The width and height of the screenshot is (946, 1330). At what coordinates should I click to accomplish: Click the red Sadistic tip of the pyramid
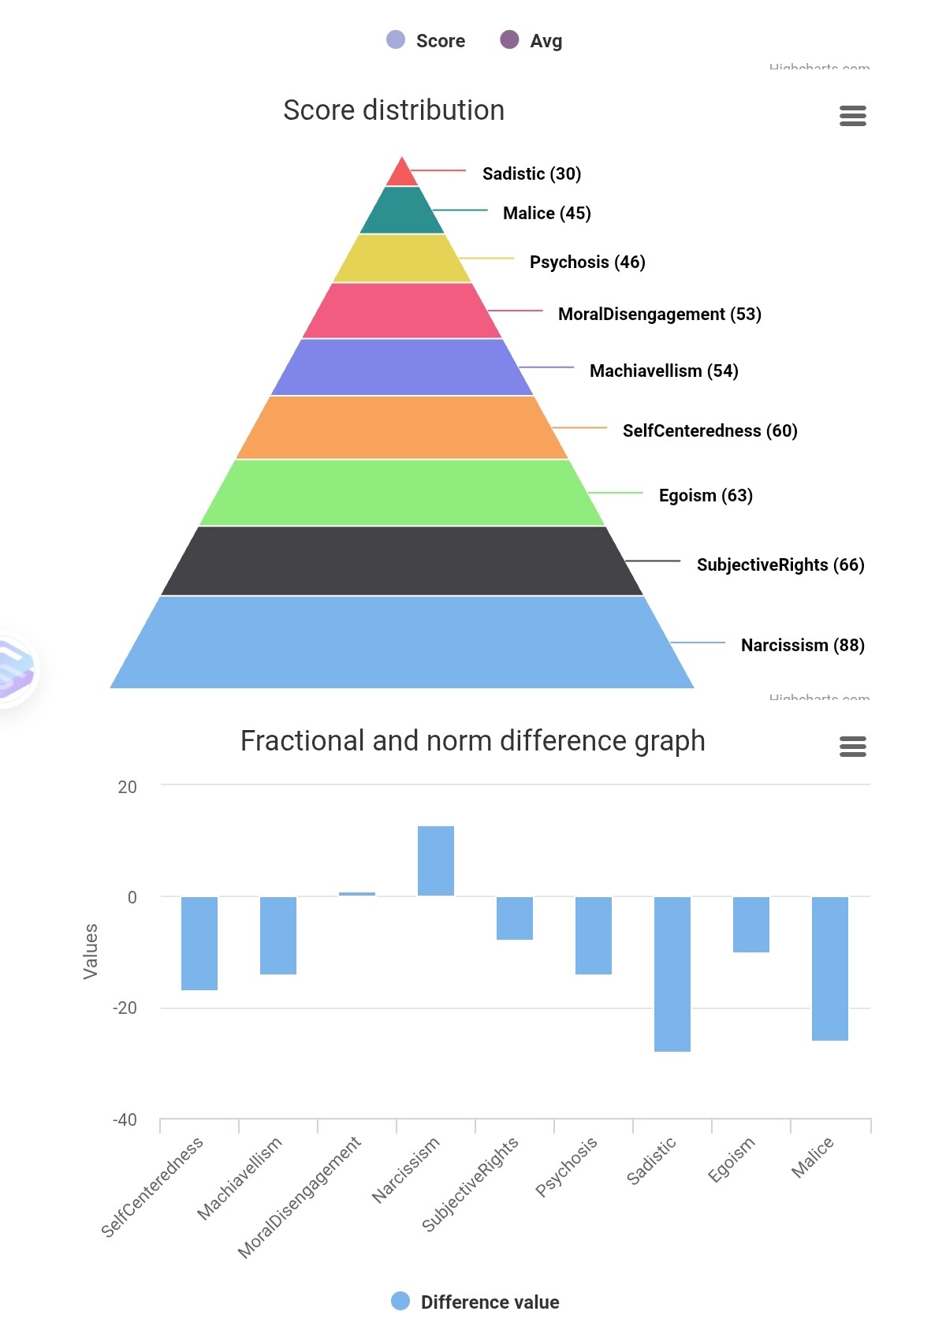coord(402,174)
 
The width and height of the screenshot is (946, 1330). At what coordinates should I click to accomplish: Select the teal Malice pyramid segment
coord(402,210)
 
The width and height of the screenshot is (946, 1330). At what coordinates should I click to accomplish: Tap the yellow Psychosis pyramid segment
coord(402,259)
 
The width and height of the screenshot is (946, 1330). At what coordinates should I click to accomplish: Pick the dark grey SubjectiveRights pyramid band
coord(402,561)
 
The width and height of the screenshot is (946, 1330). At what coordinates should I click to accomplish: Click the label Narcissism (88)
coord(803,645)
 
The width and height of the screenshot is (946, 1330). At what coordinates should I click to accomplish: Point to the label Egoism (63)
coord(706,495)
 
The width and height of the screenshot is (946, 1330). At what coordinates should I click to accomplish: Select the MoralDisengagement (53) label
coord(659,314)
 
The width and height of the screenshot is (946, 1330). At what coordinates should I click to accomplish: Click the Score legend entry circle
coord(396,39)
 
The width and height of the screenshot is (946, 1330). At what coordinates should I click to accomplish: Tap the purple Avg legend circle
coord(509,39)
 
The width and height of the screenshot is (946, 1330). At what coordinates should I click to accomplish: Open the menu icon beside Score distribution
coord(853,116)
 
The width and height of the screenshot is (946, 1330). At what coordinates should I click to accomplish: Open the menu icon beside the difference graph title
coord(853,746)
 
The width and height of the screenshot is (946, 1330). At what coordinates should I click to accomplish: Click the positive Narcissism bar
coord(436,861)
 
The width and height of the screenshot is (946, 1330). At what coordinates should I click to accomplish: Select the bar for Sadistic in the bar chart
coord(672,974)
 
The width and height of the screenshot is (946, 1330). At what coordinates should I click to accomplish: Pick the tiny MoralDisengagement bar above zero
coord(357,894)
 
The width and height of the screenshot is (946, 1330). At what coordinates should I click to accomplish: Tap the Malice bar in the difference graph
coord(830,968)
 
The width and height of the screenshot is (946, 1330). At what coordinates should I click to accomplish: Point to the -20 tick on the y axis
coord(125,1008)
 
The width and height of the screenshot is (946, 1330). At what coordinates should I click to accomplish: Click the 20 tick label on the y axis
coord(127,787)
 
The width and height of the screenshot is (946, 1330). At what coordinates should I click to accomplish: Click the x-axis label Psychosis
coord(566,1167)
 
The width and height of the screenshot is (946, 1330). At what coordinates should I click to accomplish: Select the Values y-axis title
coord(91,951)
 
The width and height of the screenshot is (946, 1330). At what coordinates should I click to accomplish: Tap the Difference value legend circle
coord(400,1301)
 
